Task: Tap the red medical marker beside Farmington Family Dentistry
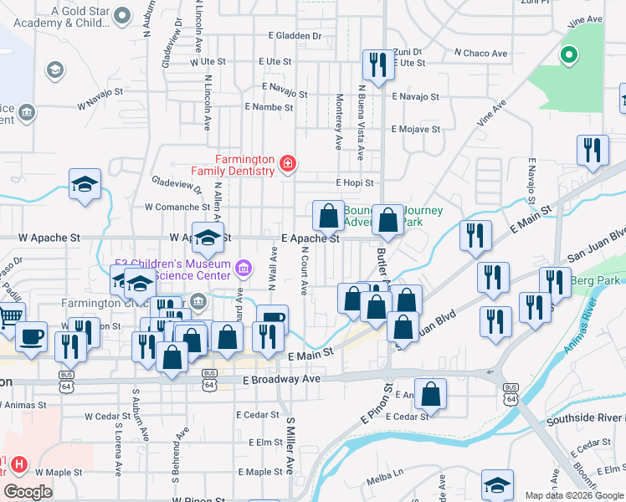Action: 288,163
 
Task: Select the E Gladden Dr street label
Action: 295,36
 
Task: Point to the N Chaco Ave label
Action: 481,54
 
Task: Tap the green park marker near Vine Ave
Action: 569,56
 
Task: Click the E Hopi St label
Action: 354,182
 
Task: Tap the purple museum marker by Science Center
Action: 244,268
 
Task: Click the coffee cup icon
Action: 31,336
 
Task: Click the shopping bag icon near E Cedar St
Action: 430,393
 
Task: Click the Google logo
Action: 28,492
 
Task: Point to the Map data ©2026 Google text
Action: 574,495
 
